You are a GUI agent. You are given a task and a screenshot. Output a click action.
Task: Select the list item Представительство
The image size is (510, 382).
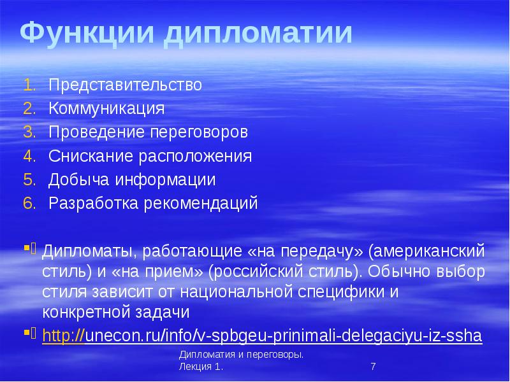coord(126,85)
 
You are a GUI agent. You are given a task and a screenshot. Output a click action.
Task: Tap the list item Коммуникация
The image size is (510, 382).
coord(106,108)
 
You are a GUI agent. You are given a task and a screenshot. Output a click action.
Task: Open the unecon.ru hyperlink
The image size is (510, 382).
coord(261,336)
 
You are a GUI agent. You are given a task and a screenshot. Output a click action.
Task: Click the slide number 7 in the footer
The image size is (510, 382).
coord(373,367)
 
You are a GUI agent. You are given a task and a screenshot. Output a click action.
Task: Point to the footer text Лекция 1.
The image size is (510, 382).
coord(201,368)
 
